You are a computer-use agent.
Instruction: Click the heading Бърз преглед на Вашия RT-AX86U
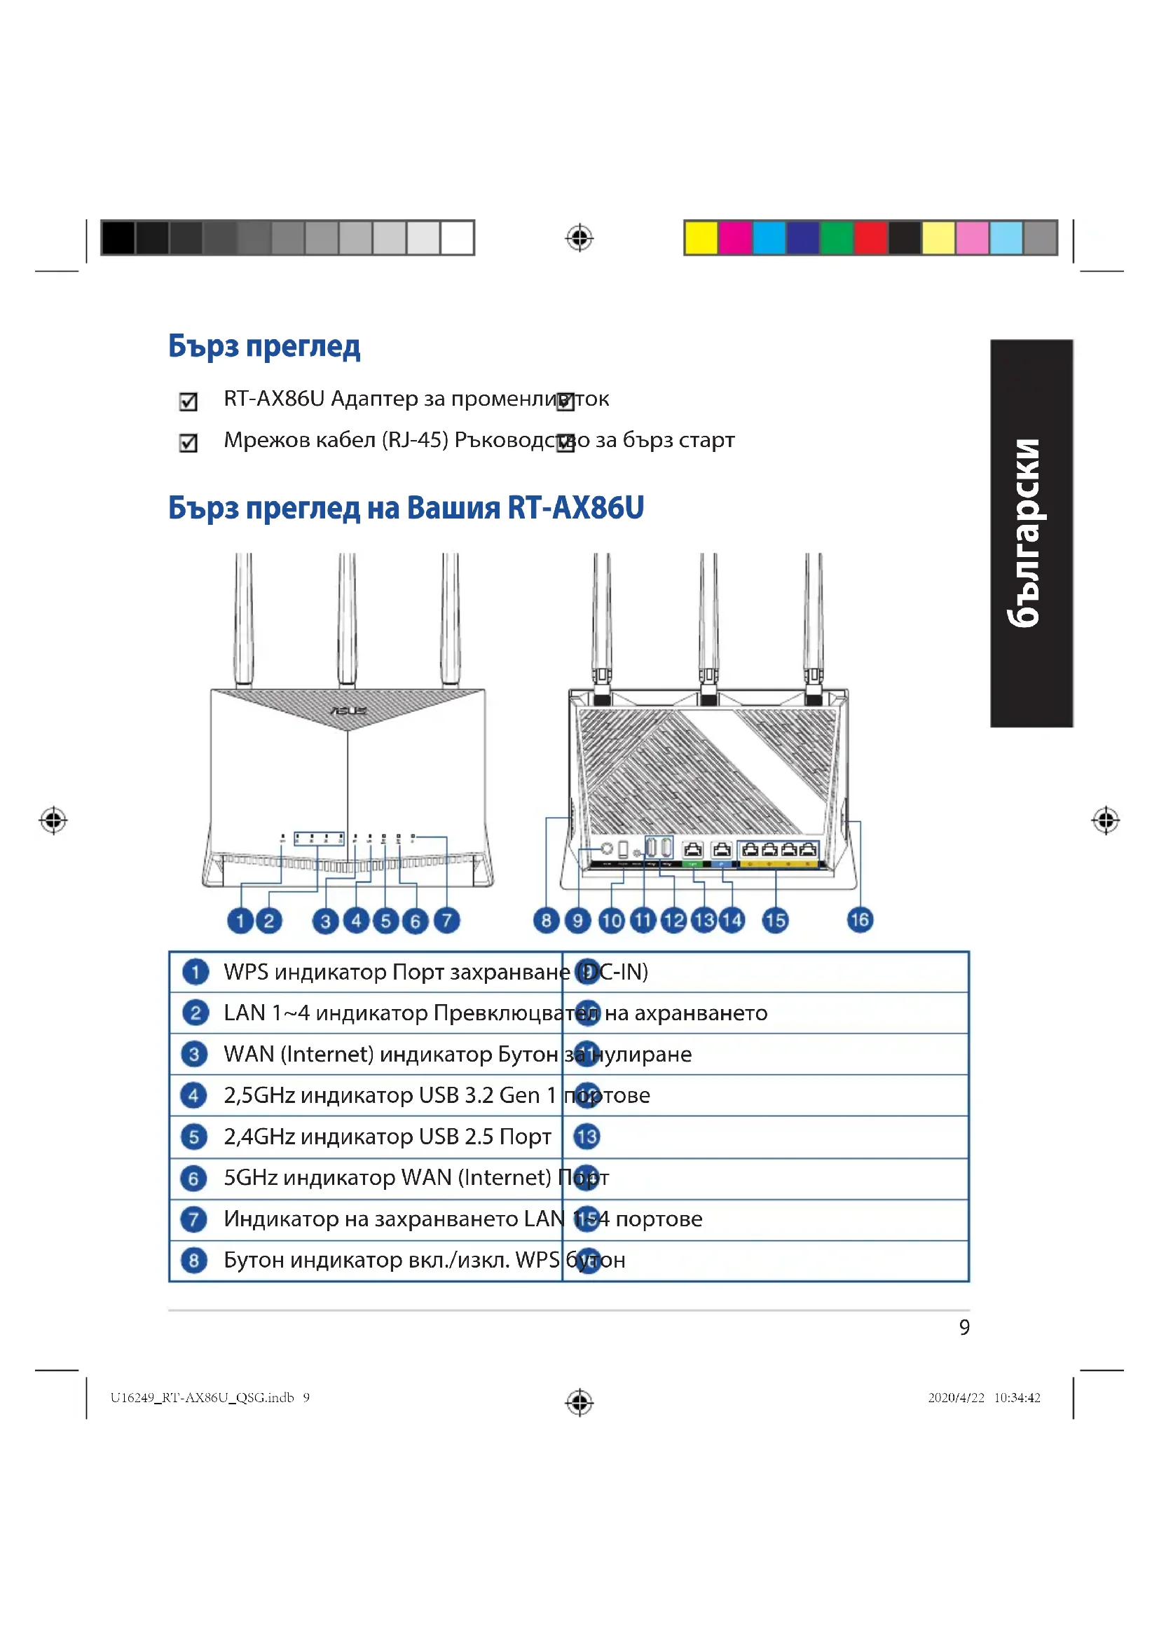[x=405, y=508]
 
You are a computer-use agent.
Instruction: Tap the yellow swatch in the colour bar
[x=701, y=238]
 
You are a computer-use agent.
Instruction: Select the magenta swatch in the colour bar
[x=734, y=238]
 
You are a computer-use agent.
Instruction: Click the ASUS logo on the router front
[x=348, y=711]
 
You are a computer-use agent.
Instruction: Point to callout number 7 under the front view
[x=447, y=920]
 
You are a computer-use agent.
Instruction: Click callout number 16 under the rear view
[x=860, y=919]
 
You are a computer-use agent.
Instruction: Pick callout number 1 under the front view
[x=240, y=921]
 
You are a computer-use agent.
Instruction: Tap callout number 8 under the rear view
[x=546, y=920]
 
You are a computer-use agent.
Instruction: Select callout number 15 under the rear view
[x=775, y=920]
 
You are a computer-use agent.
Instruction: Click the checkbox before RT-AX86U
[x=188, y=402]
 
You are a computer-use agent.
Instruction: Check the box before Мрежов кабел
[x=188, y=444]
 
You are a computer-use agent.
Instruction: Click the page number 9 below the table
[x=964, y=1327]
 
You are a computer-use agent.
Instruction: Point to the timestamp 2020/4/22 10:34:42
[x=984, y=1398]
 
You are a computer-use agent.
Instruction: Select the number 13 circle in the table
[x=587, y=1137]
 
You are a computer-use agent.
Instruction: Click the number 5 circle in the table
[x=193, y=1137]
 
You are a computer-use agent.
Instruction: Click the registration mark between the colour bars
[x=579, y=238]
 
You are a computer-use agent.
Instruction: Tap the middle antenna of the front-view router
[x=348, y=617]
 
